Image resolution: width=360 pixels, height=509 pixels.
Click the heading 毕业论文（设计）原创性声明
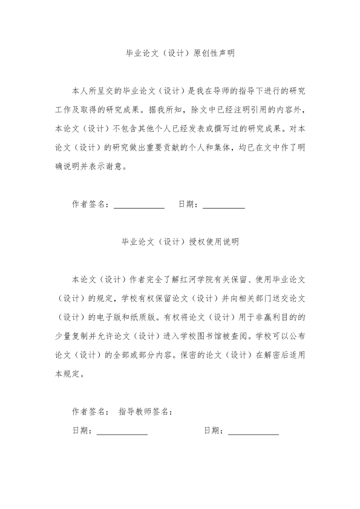tap(180, 53)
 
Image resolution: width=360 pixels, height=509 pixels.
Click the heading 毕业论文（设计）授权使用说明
tap(180, 242)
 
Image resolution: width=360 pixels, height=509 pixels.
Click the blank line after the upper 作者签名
tap(139, 205)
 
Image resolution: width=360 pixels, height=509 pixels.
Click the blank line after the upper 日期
tap(224, 205)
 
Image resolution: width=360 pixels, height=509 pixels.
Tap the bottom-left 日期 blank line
tap(122, 431)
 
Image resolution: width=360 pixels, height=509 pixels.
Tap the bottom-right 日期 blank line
tap(254, 431)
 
